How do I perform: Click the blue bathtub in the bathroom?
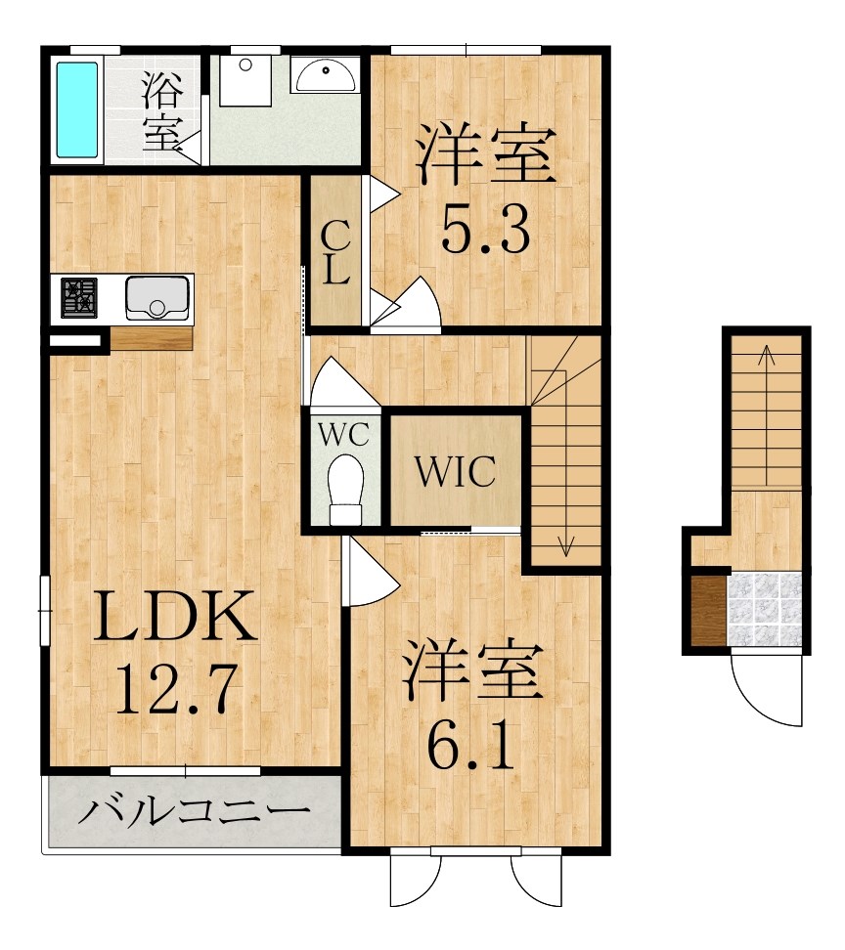point(77,109)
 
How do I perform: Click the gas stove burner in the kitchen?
point(80,297)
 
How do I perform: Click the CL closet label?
point(335,251)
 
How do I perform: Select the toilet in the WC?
point(345,490)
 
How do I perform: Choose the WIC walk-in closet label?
point(455,473)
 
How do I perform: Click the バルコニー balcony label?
point(194,811)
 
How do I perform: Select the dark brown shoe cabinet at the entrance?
point(707,610)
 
